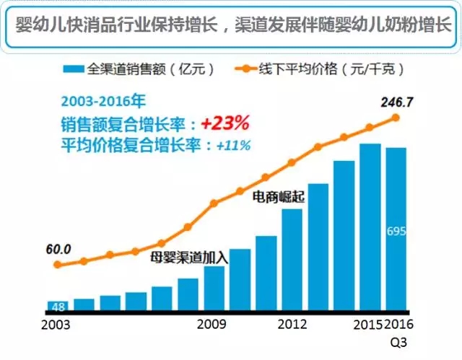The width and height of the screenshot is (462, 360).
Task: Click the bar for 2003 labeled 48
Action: tap(58, 305)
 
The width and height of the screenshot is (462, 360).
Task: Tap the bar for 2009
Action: tap(214, 288)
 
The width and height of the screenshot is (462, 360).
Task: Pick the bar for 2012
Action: tap(292, 259)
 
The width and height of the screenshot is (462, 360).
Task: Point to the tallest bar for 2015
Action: tap(370, 227)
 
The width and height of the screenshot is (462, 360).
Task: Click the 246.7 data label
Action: tap(396, 102)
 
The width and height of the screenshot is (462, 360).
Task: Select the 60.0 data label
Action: tap(57, 250)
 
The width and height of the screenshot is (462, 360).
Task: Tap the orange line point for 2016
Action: tap(396, 117)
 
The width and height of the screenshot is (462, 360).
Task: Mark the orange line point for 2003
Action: tap(58, 265)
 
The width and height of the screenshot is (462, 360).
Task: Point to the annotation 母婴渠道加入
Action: tap(189, 255)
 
